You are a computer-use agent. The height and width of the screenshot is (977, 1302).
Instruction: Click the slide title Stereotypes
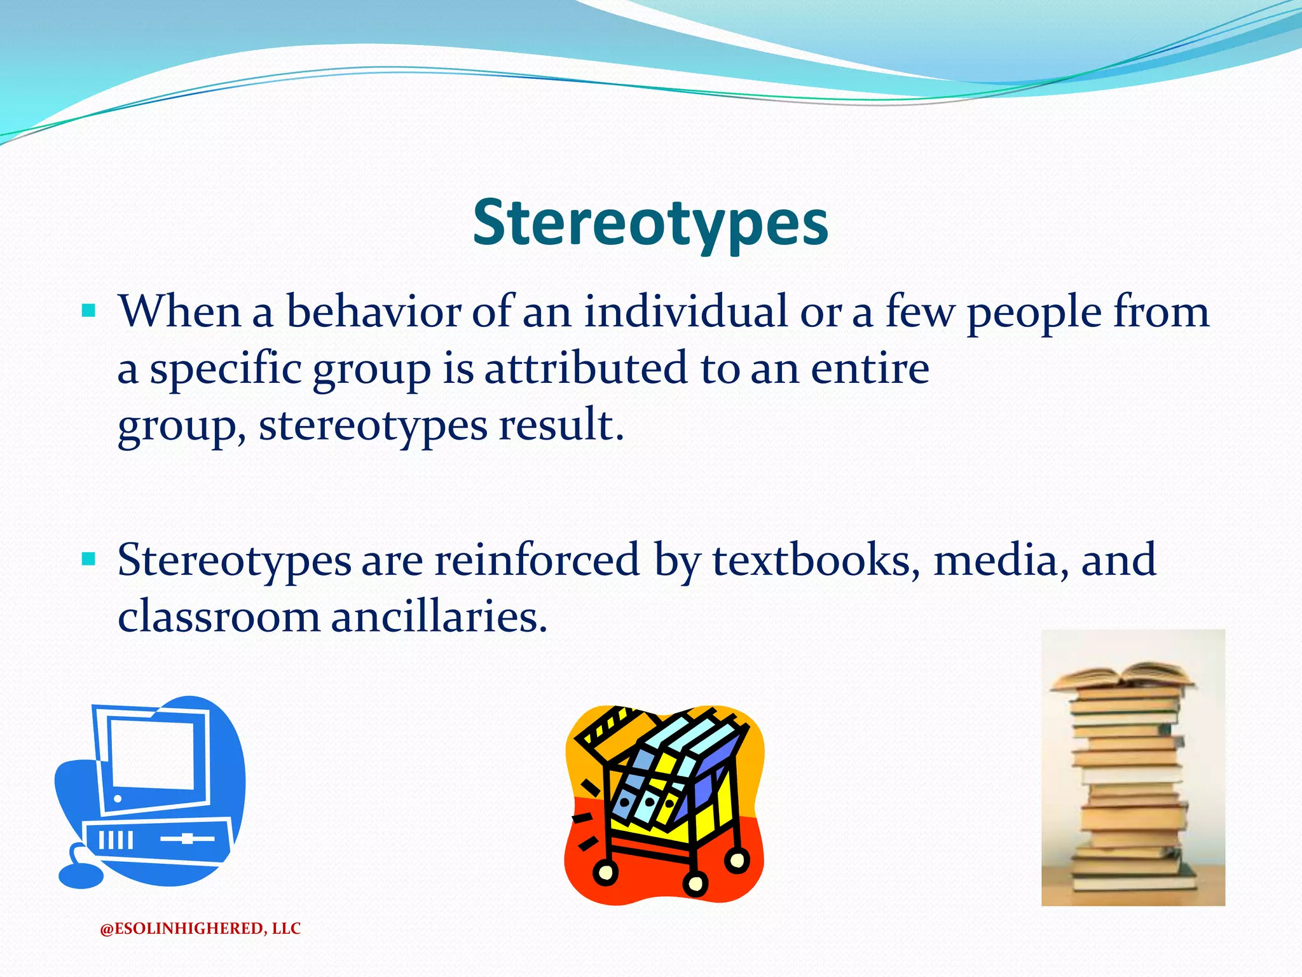(x=650, y=223)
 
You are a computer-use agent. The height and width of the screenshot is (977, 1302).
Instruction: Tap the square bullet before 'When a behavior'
(x=88, y=312)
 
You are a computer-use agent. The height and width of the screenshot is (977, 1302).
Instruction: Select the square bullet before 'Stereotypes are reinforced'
(x=88, y=560)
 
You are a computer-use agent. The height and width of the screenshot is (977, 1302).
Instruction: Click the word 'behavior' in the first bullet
(x=373, y=312)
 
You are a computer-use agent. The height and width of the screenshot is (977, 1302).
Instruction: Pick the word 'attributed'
(x=586, y=368)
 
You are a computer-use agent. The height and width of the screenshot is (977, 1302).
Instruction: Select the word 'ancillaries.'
(x=439, y=616)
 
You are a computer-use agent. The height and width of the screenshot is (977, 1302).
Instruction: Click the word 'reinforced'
(x=537, y=560)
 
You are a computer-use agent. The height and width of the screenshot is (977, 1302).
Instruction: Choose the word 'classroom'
(x=219, y=616)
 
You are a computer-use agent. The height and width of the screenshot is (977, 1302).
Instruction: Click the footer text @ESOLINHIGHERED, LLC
(x=200, y=929)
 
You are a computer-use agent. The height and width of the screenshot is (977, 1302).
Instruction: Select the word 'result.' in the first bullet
(x=561, y=424)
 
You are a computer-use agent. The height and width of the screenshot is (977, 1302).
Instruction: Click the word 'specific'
(x=225, y=370)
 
